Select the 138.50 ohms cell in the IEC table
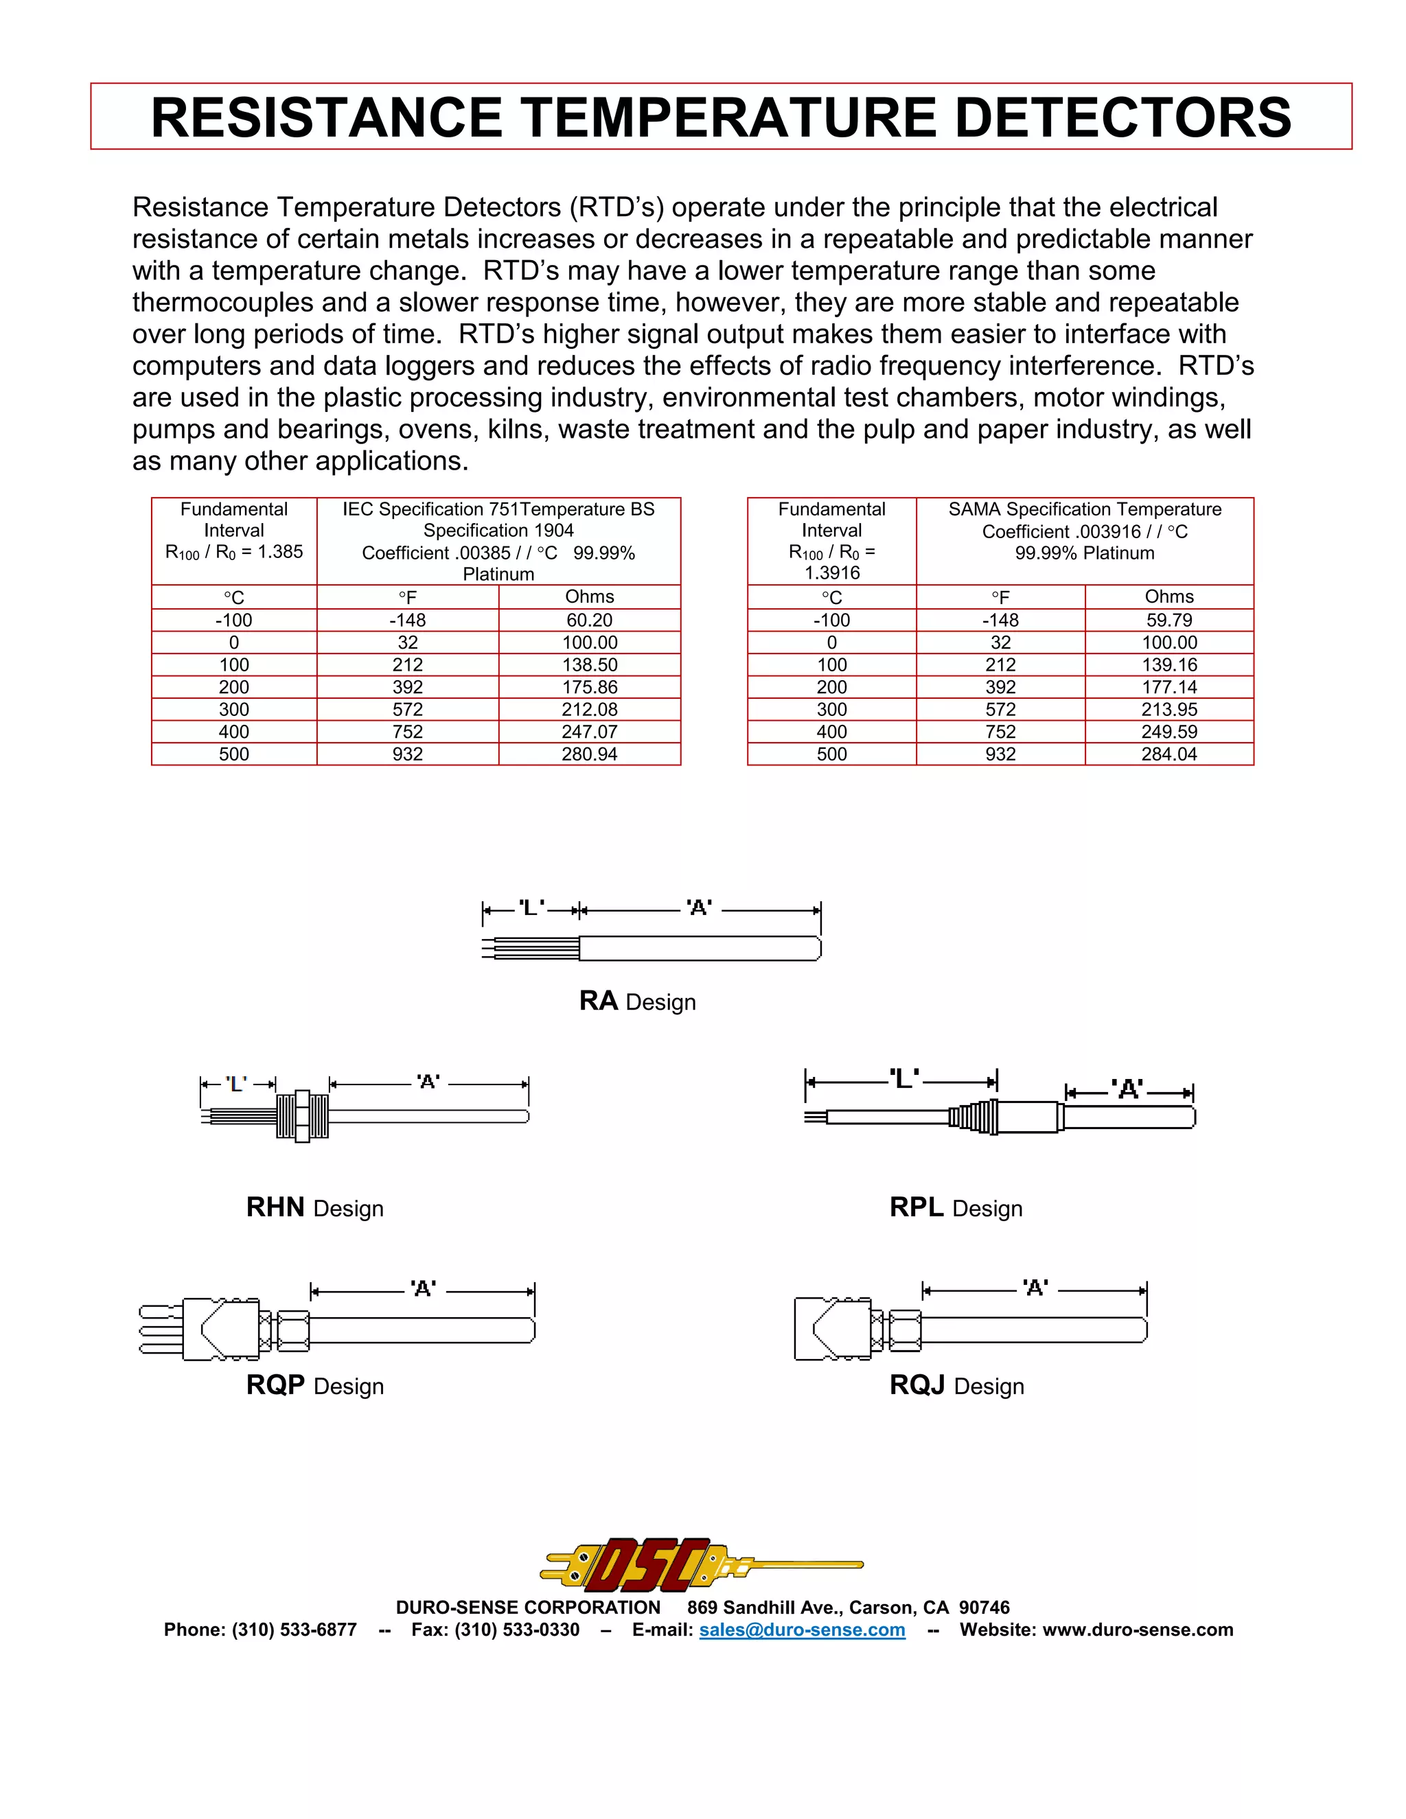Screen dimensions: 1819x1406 pyautogui.click(x=589, y=664)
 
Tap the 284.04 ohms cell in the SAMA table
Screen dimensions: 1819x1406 pyautogui.click(x=1168, y=754)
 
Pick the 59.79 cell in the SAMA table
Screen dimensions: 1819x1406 pyautogui.click(x=1168, y=620)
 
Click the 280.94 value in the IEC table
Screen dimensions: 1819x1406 pyautogui.click(x=589, y=754)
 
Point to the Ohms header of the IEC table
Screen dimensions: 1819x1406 pyautogui.click(x=589, y=596)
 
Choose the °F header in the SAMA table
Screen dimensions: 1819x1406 pyautogui.click(x=1000, y=597)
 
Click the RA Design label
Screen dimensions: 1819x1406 pyautogui.click(x=637, y=1001)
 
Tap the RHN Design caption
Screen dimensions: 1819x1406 pyautogui.click(x=315, y=1207)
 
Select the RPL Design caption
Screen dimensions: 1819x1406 pyautogui.click(x=956, y=1207)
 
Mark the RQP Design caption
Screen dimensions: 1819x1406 pyautogui.click(x=315, y=1385)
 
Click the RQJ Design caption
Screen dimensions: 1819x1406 pyautogui.click(x=956, y=1385)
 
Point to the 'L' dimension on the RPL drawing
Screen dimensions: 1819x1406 pyautogui.click(x=903, y=1080)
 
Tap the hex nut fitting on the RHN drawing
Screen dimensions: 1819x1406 pyautogui.click(x=302, y=1116)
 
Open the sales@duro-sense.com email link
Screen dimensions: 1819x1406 pyautogui.click(x=801, y=1630)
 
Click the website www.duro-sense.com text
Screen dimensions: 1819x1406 pyautogui.click(x=1137, y=1630)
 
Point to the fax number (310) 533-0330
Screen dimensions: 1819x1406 pyautogui.click(x=516, y=1630)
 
